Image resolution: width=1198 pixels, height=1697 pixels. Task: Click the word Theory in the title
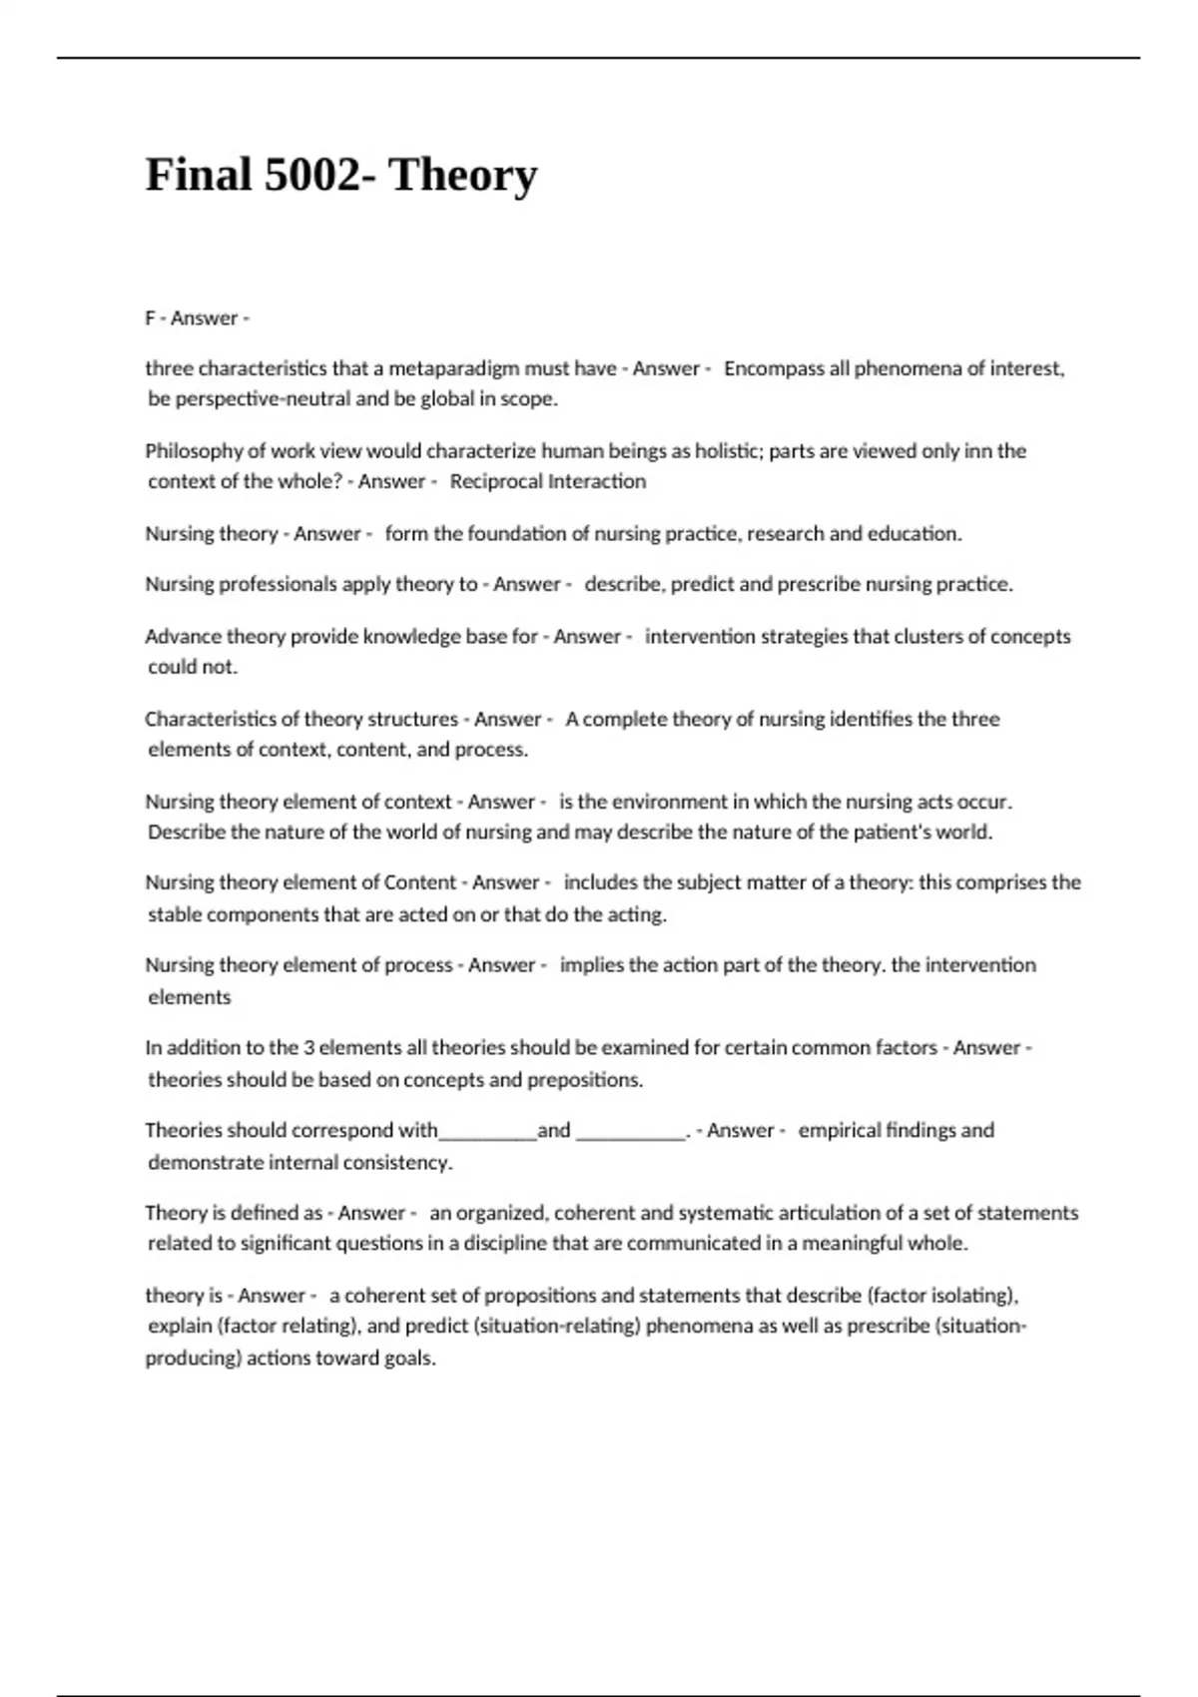(462, 175)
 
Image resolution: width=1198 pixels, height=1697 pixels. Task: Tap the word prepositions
(584, 1080)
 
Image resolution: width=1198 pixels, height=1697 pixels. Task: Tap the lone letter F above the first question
(151, 318)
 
